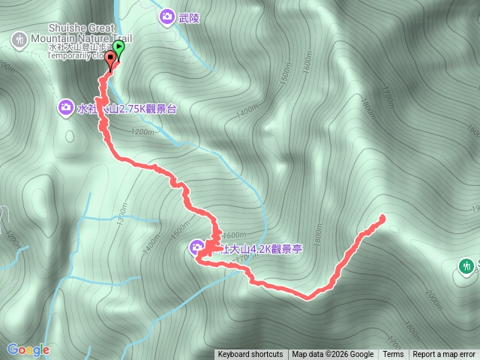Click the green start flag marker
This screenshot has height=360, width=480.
(x=118, y=48)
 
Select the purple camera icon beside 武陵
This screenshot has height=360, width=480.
(x=166, y=16)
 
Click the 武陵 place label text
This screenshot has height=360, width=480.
(x=190, y=17)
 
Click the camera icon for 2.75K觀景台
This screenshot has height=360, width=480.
(x=66, y=109)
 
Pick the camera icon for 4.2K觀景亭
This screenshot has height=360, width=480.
(x=196, y=247)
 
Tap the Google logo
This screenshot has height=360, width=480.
(x=28, y=349)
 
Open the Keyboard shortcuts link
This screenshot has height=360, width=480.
(x=250, y=355)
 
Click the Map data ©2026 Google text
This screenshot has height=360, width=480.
(x=332, y=355)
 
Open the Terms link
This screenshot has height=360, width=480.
(x=393, y=355)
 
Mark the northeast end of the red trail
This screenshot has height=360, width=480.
(x=382, y=218)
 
